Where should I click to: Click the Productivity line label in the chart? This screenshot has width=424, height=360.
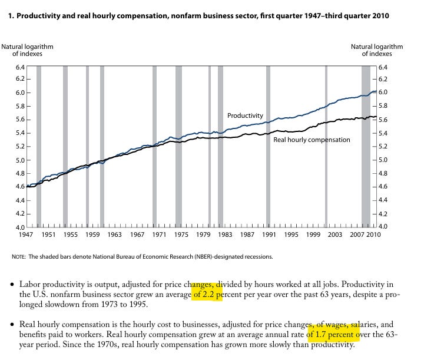[245, 115]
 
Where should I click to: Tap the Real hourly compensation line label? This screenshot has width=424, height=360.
[312, 140]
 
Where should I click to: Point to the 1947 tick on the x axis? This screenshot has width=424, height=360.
[24, 235]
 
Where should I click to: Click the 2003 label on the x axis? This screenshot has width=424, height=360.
[335, 235]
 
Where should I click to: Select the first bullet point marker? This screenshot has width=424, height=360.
[12, 284]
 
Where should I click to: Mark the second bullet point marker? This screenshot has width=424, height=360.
[12, 325]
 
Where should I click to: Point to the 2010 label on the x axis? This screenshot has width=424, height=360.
[373, 235]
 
